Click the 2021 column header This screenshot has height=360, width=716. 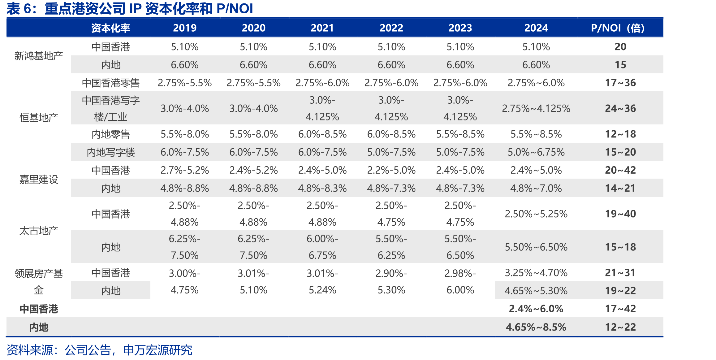(322, 28)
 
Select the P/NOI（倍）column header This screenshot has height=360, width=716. (618, 28)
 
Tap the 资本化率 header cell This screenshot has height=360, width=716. (110, 28)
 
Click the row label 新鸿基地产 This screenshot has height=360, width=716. (39, 56)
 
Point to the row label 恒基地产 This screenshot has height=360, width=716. (39, 118)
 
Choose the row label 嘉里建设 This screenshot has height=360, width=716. (39, 180)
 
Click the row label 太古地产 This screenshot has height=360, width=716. (39, 231)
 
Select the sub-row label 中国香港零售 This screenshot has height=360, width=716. (110, 83)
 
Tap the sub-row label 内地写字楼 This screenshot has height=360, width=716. (110, 152)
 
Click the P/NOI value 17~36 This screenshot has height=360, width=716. (620, 83)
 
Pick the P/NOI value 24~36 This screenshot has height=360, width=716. (620, 108)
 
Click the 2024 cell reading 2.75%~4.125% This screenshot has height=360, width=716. (536, 108)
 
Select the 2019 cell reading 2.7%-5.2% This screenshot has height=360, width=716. (184, 170)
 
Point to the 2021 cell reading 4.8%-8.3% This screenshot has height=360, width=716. (322, 188)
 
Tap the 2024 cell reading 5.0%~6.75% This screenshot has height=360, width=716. (536, 152)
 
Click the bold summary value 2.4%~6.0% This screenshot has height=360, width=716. (536, 309)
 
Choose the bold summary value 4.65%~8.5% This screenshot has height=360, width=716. (536, 327)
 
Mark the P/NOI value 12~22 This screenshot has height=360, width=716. (620, 327)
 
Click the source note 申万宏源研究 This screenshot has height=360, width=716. (157, 350)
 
